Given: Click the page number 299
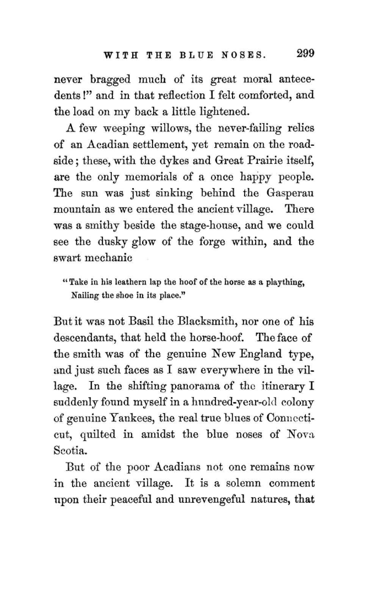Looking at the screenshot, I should coord(305,53).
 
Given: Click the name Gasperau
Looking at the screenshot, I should coord(290,193).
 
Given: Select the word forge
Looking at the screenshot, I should coord(211,242).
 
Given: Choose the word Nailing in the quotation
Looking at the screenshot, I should coord(85,296).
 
